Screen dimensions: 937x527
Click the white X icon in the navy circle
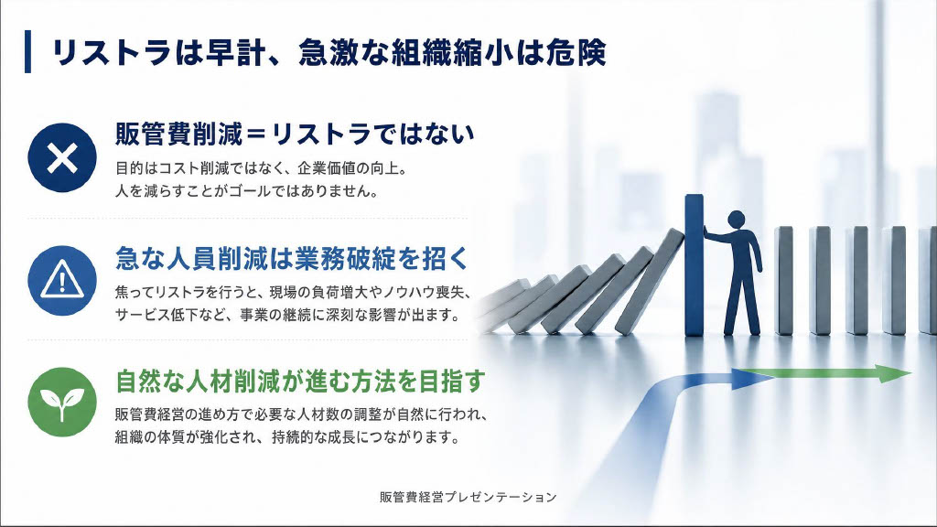pos(62,157)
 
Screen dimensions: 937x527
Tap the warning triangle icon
pos(62,280)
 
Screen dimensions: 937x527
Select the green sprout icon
pos(62,402)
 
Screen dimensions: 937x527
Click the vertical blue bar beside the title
pos(27,51)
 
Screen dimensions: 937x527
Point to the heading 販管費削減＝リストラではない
pos(295,134)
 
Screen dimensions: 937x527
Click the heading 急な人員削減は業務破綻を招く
pos(292,258)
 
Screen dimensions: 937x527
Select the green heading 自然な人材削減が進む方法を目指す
pos(300,382)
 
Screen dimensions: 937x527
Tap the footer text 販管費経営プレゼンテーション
pos(468,497)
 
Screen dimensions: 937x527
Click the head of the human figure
pos(737,219)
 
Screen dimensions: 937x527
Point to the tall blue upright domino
pos(694,264)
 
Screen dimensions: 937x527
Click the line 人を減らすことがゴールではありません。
pos(246,192)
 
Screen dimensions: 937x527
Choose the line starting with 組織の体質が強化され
pos(286,437)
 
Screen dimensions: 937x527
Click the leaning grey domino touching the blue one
pos(652,281)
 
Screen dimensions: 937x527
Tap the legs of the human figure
pos(741,305)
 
